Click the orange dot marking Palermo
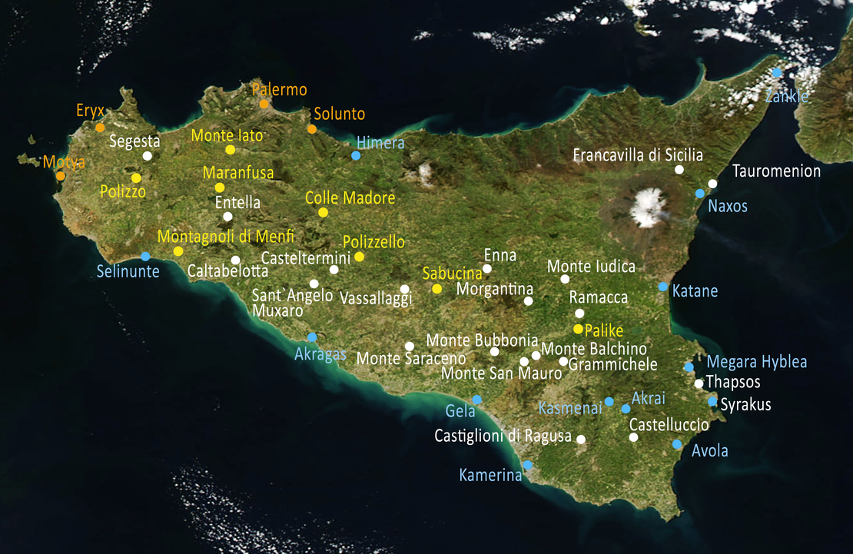[x=264, y=104]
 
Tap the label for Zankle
[x=787, y=97]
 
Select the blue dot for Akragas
[x=312, y=337]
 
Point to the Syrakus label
[x=745, y=405]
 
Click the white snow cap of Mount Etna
[x=648, y=207]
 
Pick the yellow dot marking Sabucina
[x=436, y=289]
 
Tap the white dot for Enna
[x=486, y=269]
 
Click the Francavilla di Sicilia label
[x=638, y=155]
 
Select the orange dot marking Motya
[x=61, y=176]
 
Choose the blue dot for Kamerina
[x=528, y=465]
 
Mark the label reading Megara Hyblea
[x=757, y=362]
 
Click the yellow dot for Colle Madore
[x=323, y=212]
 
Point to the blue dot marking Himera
[x=356, y=155]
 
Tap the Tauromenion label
[x=776, y=171]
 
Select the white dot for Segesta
[x=148, y=156]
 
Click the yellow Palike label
[x=604, y=331]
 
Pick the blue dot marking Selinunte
[x=145, y=256]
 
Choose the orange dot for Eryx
[x=100, y=128]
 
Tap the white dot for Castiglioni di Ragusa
[x=581, y=440]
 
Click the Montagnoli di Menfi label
[x=226, y=237]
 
